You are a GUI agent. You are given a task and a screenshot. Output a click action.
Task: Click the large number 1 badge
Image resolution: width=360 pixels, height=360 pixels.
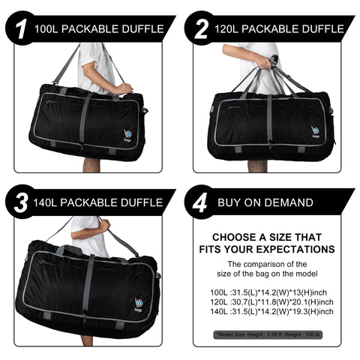tap(20, 28)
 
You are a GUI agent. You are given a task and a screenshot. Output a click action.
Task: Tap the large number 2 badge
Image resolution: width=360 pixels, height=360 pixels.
tap(200, 28)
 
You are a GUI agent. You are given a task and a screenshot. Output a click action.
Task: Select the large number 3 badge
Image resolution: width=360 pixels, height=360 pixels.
tap(20, 202)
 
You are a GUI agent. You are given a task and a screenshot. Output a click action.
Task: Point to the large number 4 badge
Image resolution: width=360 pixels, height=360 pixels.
tap(200, 202)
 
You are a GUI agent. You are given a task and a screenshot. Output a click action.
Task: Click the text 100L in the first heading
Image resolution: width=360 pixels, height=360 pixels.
tap(46, 29)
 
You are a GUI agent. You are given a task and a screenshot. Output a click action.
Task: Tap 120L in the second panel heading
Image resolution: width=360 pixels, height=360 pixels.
tap(226, 29)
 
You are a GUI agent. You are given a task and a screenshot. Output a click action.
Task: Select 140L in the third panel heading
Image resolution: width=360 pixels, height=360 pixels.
tap(45, 202)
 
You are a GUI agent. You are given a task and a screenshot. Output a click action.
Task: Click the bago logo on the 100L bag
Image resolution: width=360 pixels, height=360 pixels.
tap(127, 135)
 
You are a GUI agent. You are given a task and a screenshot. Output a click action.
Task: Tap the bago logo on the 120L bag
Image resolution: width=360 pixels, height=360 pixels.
tap(316, 132)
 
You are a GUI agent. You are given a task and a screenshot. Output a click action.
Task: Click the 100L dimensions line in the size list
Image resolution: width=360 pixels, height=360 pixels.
tap(268, 292)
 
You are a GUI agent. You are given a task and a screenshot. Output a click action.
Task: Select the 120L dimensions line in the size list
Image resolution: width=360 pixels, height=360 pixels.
tap(271, 301)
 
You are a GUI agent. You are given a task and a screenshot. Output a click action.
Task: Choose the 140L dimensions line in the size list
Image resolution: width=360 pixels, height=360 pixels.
tap(271, 311)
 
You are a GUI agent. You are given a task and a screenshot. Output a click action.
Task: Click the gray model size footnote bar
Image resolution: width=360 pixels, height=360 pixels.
tap(268, 334)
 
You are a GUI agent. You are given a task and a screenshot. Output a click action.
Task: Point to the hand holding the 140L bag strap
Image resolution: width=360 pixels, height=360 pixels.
tap(105, 226)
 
